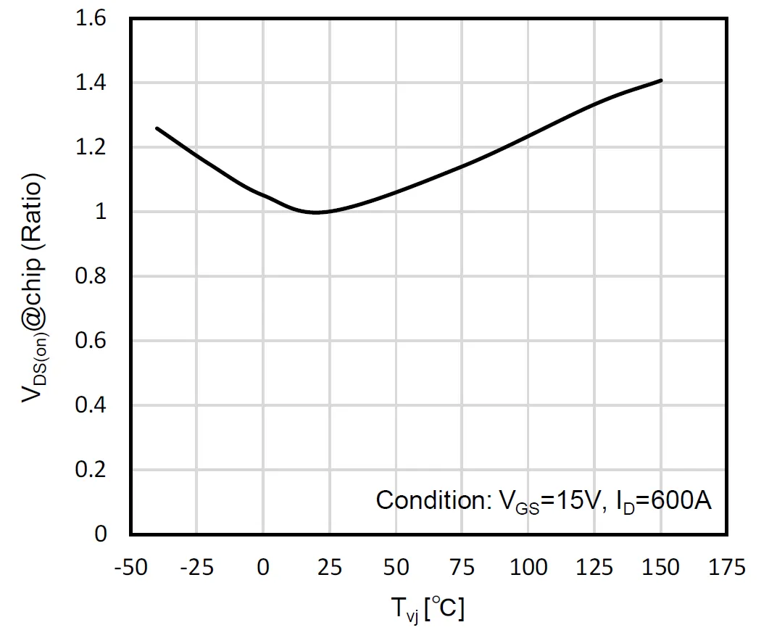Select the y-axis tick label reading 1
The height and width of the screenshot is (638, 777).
click(101, 212)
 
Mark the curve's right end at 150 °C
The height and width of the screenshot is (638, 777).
click(661, 80)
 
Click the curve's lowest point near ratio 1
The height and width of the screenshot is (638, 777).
click(316, 212)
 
